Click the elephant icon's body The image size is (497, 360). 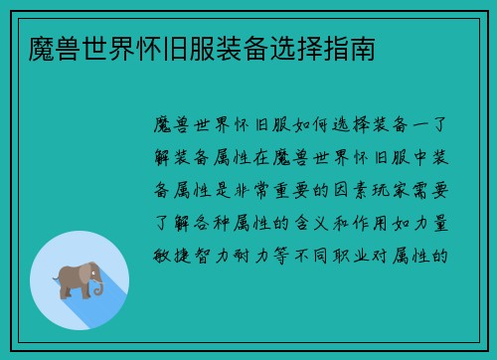(x=73, y=277)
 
